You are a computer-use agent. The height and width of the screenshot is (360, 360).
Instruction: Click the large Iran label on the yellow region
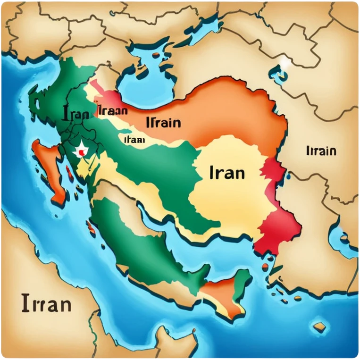(x=226, y=172)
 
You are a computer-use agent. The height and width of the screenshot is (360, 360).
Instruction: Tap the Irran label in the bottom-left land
(x=46, y=303)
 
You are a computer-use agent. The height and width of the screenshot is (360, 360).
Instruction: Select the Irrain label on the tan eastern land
(x=321, y=151)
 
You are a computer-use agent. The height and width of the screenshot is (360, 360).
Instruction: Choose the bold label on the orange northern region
(x=163, y=122)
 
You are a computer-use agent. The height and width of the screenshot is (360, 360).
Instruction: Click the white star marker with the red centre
(x=82, y=151)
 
